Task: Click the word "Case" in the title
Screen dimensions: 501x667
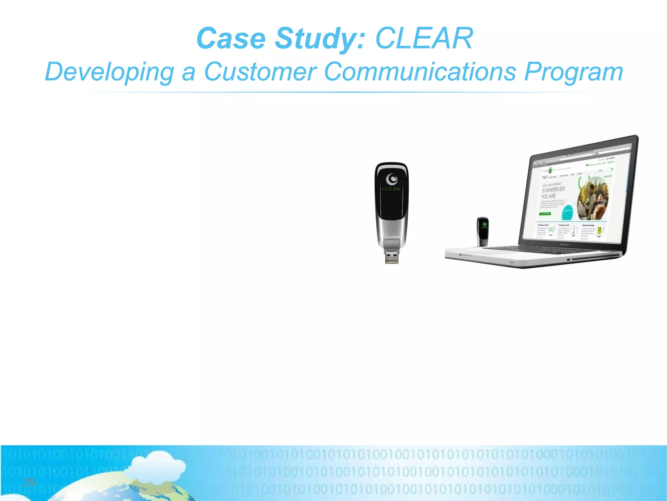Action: click(231, 38)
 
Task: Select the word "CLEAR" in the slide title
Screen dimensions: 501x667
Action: click(424, 38)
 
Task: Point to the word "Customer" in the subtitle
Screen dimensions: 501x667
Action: click(260, 71)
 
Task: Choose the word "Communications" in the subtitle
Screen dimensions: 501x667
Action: click(420, 71)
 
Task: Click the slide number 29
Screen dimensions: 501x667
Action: click(30, 482)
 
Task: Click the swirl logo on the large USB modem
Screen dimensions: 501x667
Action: click(392, 179)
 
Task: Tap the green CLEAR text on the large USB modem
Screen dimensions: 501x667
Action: click(391, 189)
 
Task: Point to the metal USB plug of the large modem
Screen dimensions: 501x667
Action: click(392, 256)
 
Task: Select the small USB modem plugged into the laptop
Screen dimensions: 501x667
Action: click(483, 231)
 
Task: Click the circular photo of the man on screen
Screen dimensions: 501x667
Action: click(592, 199)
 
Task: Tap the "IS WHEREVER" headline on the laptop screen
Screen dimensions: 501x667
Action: click(553, 190)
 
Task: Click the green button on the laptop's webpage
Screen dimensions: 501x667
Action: click(545, 214)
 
